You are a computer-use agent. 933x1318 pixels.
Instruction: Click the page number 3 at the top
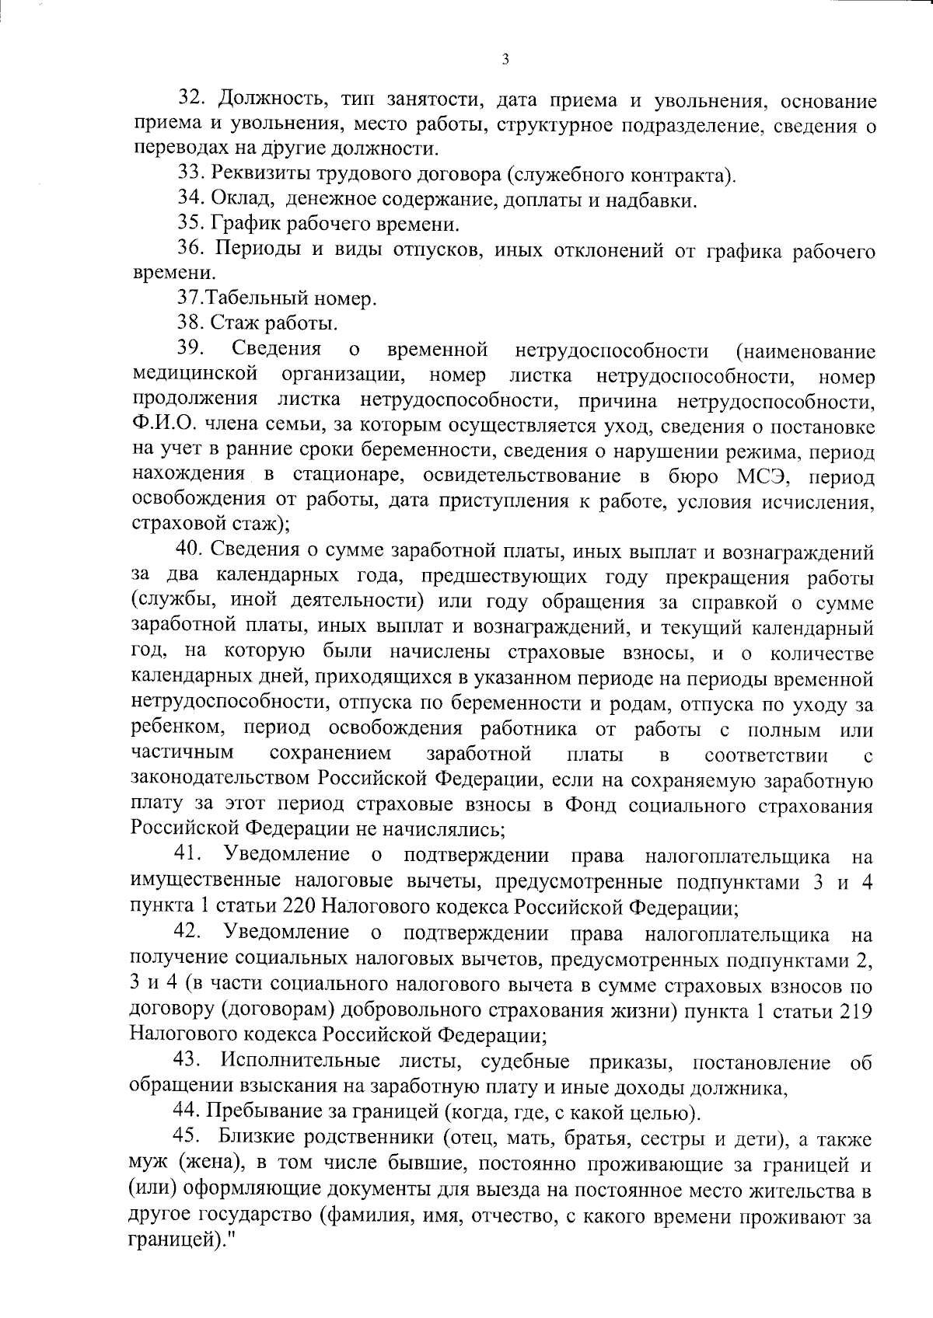505,59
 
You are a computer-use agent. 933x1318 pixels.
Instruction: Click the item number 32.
191,99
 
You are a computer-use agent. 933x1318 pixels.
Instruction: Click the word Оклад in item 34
240,200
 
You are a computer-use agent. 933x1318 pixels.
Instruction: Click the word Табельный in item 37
257,298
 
